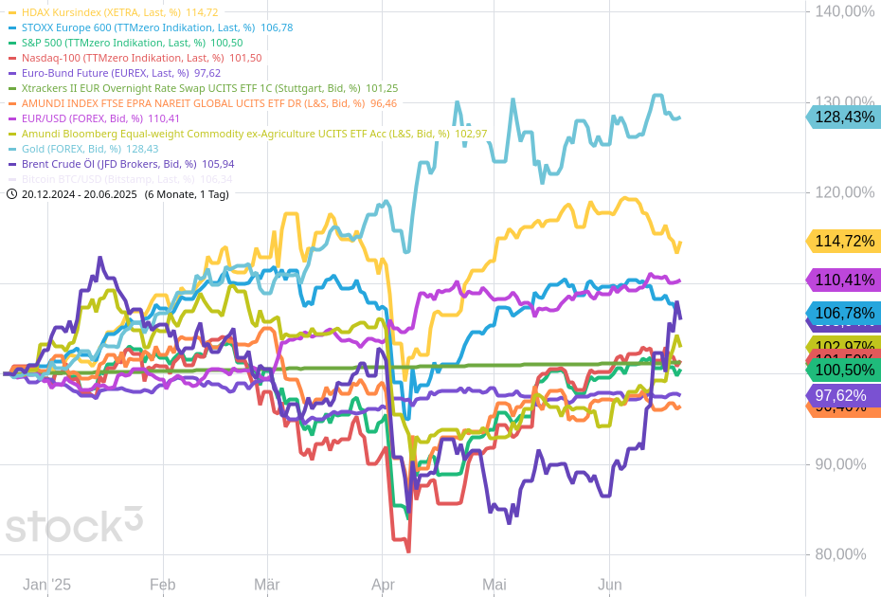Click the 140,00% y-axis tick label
(x=839, y=11)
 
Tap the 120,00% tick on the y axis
(x=839, y=192)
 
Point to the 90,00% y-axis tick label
(x=839, y=464)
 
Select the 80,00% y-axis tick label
(x=839, y=554)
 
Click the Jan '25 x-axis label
(x=47, y=585)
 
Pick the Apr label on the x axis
(x=383, y=585)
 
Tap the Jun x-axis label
(x=610, y=585)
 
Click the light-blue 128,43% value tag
(x=843, y=117)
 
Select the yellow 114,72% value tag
(x=843, y=241)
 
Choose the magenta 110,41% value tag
(x=843, y=280)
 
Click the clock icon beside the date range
(x=11, y=194)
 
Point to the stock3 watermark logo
(x=74, y=524)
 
